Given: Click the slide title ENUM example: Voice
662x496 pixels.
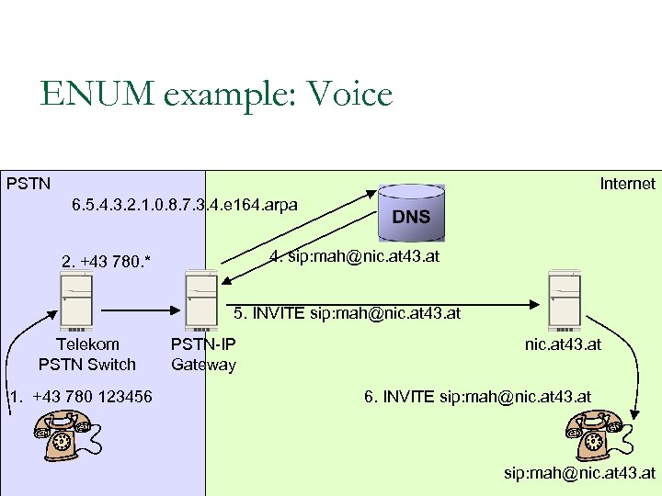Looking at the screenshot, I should click(x=216, y=94).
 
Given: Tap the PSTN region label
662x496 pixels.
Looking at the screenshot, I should click(x=29, y=184).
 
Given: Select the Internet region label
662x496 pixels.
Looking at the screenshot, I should click(x=627, y=184).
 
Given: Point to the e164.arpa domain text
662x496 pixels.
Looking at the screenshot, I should click(x=184, y=204).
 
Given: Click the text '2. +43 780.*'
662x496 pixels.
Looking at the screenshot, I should click(x=106, y=263).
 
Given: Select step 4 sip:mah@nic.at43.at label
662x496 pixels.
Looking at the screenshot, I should click(x=354, y=256).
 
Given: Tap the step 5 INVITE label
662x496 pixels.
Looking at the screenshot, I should click(x=347, y=314).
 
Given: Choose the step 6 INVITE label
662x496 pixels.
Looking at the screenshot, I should click(x=477, y=397).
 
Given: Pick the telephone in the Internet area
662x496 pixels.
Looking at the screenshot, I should click(x=593, y=434).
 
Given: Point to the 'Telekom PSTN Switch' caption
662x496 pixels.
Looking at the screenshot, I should click(x=87, y=355).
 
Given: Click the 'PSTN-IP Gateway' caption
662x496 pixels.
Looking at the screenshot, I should click(x=203, y=355).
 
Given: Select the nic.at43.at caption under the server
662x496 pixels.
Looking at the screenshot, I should click(x=563, y=344).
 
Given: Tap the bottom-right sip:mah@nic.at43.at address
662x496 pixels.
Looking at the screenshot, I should click(x=579, y=473).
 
